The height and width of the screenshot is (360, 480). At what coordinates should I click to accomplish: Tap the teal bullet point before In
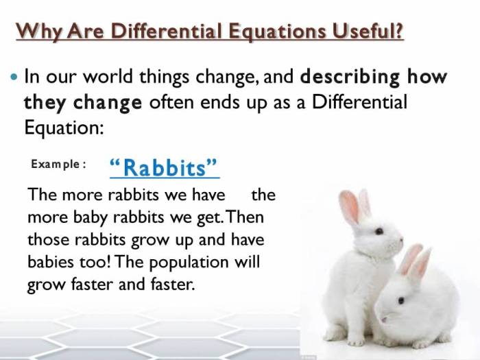pos(14,76)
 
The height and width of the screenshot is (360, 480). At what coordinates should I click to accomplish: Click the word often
pos(173,102)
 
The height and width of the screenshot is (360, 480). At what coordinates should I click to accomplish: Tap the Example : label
pos(58,165)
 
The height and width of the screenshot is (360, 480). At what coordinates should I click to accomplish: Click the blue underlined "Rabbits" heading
pos(164,168)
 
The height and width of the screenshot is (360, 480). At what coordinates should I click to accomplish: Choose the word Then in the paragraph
pos(245,217)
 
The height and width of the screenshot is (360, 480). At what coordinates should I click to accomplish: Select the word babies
pos(52,263)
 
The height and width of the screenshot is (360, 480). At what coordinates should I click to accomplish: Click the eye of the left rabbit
pos(379,231)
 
